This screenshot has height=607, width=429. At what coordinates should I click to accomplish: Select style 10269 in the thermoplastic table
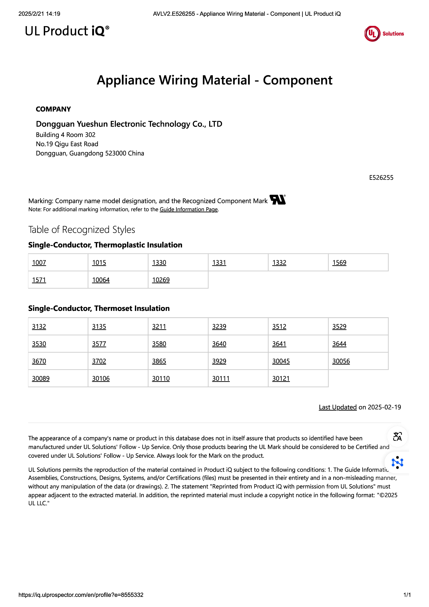click(x=161, y=280)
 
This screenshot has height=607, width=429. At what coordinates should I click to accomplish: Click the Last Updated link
click(x=338, y=407)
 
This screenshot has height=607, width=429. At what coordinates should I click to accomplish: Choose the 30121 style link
click(x=281, y=379)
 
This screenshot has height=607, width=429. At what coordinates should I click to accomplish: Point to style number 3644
click(x=339, y=344)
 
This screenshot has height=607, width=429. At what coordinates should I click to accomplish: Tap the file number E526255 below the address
click(x=381, y=178)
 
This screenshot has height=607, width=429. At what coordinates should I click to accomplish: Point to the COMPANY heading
click(x=53, y=109)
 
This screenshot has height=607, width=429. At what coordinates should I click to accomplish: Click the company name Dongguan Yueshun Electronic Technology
click(x=129, y=124)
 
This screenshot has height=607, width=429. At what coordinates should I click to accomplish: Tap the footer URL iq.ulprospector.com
click(x=81, y=595)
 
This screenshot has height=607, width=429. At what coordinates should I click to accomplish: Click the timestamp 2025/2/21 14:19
click(x=39, y=14)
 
